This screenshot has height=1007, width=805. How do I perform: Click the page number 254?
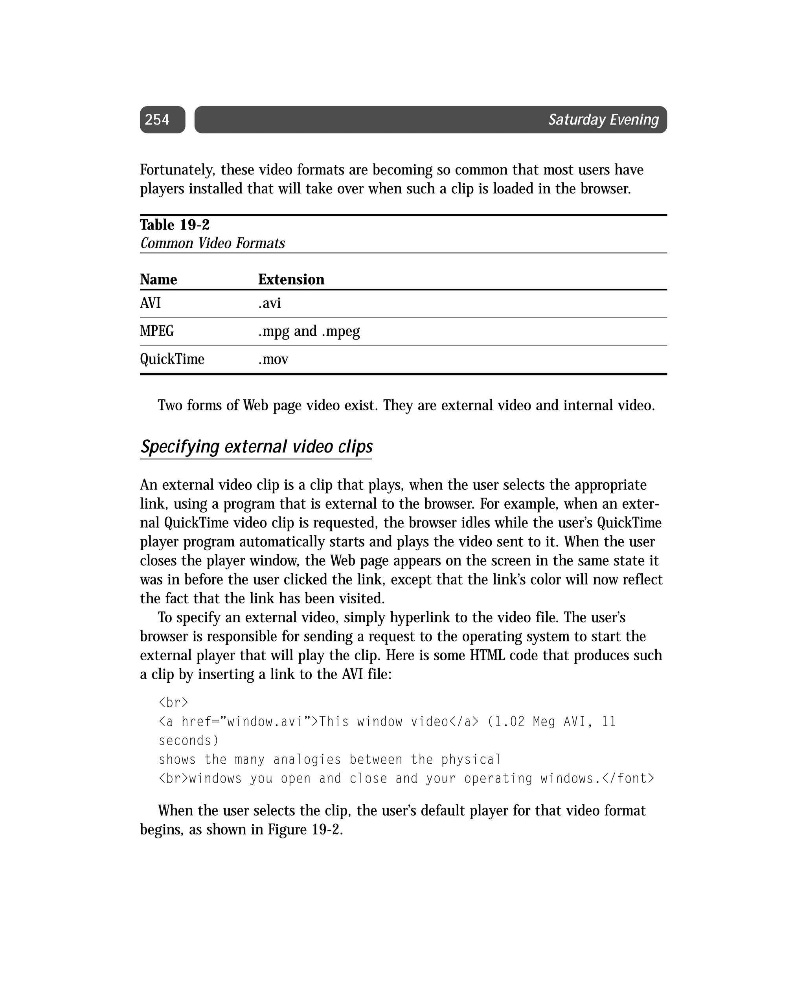(x=156, y=120)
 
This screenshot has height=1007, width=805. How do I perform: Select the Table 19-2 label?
(x=175, y=225)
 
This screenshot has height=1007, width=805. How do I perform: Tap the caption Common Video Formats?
(x=213, y=243)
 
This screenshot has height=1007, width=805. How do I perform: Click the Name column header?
(x=158, y=279)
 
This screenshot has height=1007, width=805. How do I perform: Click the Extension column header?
(x=291, y=279)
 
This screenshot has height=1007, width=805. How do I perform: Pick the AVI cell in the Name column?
(x=151, y=303)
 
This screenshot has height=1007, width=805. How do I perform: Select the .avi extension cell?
(x=270, y=303)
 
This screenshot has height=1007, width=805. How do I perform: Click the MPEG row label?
(x=157, y=331)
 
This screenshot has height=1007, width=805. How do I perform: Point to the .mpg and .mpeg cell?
(x=309, y=331)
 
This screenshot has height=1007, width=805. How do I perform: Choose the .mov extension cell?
(x=273, y=359)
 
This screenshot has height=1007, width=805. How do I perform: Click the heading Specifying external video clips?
(x=257, y=447)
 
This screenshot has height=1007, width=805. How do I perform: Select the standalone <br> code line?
(x=173, y=702)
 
